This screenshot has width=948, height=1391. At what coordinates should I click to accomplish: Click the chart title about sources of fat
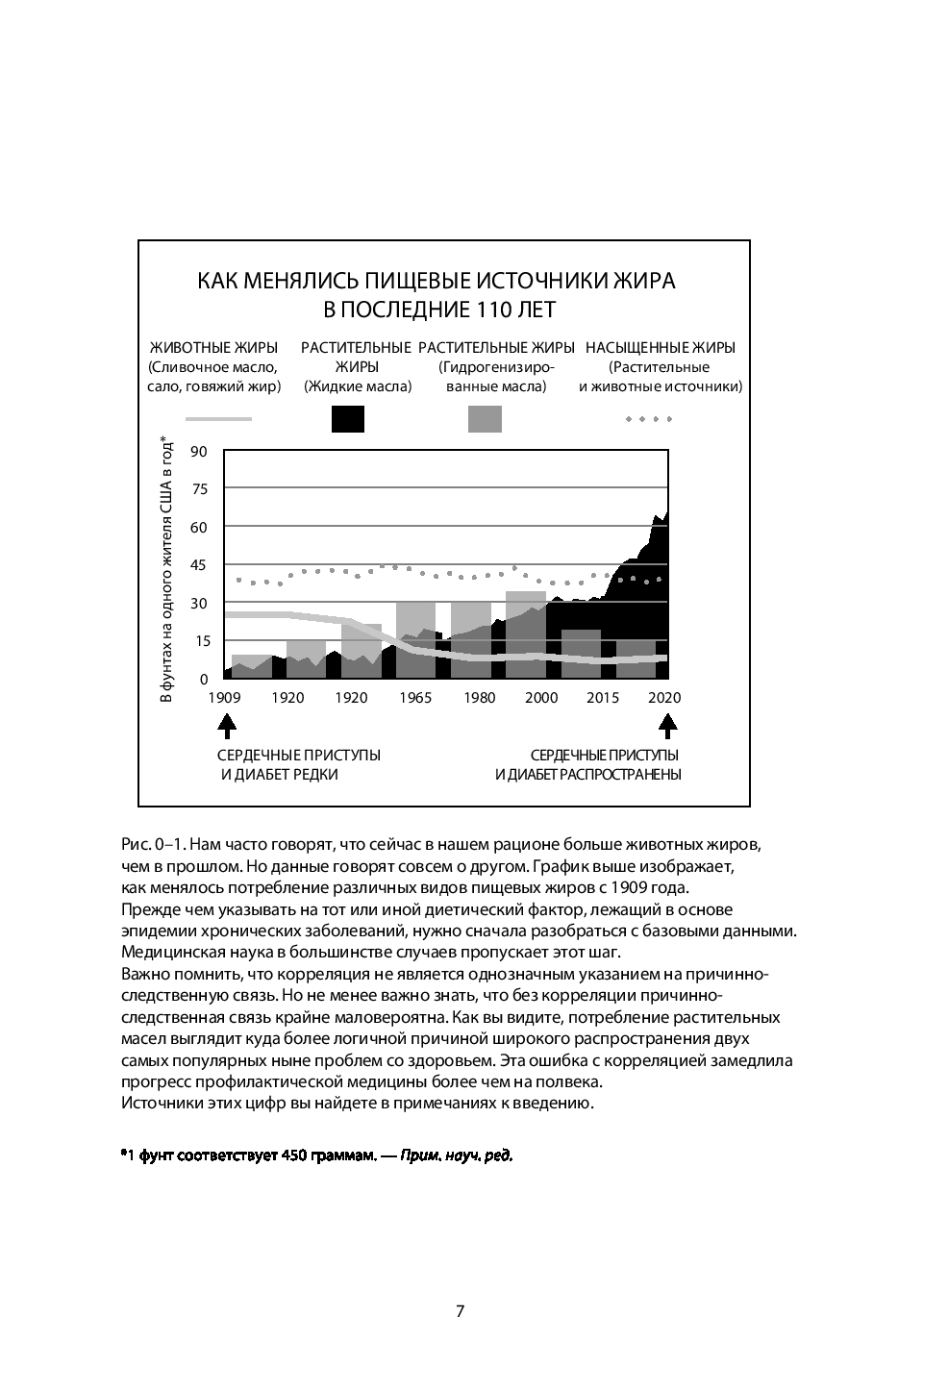click(437, 295)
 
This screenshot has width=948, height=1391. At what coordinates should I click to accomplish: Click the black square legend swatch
click(347, 419)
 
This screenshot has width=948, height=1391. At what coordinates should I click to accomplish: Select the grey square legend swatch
click(485, 419)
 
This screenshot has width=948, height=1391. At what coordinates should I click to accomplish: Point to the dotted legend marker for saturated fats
click(648, 419)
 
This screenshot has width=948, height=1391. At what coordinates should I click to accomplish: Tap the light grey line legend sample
click(218, 419)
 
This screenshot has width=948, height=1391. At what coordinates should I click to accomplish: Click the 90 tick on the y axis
click(199, 452)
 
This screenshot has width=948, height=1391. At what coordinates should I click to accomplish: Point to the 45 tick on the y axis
click(199, 565)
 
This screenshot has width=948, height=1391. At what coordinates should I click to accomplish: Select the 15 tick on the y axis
click(199, 641)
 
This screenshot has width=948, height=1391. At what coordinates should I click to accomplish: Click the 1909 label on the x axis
click(224, 698)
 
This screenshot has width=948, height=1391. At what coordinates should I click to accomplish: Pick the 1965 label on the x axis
click(414, 698)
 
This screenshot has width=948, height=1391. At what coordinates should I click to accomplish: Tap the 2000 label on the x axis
click(541, 698)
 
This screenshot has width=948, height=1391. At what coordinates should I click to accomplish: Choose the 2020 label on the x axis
click(664, 698)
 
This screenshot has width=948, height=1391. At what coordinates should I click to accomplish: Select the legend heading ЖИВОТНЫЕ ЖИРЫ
click(213, 347)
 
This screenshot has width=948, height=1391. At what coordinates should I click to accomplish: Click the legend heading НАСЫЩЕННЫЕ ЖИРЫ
click(661, 347)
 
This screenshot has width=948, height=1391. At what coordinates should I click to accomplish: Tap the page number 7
click(460, 1311)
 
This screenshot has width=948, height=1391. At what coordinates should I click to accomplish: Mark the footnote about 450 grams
click(316, 1155)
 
